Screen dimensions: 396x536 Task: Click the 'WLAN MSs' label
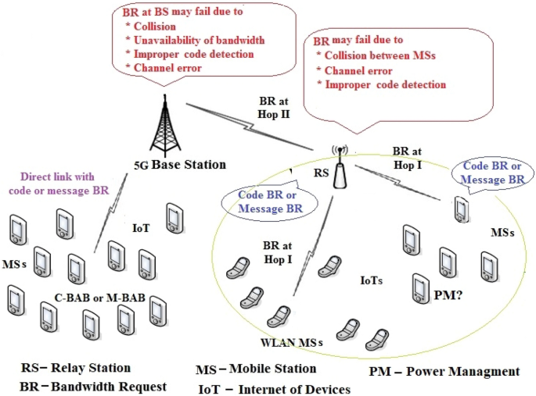click(292, 342)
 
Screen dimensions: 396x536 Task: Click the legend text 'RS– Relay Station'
click(75, 367)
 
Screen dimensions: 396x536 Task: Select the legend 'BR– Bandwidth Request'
click(94, 386)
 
